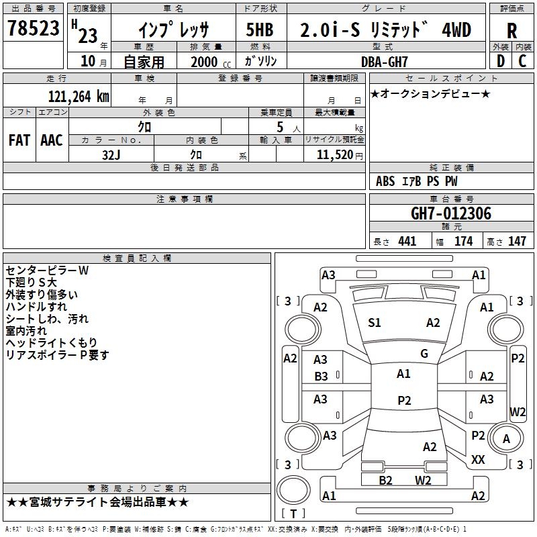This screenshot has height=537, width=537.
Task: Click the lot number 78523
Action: (x=34, y=30)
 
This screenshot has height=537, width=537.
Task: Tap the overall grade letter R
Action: (x=512, y=30)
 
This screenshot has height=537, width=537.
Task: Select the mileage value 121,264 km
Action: (x=79, y=96)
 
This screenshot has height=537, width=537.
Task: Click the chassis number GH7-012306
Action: (x=451, y=213)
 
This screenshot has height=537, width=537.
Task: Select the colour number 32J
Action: (x=111, y=154)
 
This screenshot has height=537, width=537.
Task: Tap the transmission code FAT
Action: (x=19, y=140)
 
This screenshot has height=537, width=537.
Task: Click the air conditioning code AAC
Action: (x=52, y=140)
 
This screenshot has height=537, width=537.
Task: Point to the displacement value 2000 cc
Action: (x=211, y=62)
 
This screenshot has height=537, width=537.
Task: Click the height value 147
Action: (x=516, y=241)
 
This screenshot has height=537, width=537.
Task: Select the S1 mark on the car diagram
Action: (x=375, y=323)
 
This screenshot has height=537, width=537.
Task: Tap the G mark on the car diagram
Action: (x=424, y=353)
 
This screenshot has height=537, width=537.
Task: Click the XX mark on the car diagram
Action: (x=478, y=460)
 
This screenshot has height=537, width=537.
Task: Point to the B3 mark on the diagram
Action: (x=321, y=377)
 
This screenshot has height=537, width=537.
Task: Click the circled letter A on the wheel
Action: (x=507, y=439)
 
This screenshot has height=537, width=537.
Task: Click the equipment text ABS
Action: (x=386, y=181)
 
